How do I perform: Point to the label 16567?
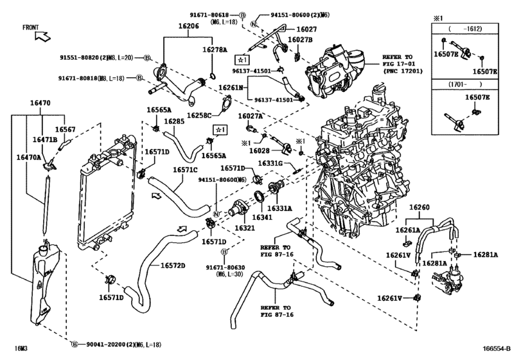coord(65,129)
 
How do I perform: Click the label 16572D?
coord(172,265)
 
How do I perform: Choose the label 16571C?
coord(186,170)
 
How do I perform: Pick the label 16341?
coord(266,218)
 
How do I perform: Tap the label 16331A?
coord(280,208)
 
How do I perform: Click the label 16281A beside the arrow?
coord(486,255)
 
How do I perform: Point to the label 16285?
coord(173,122)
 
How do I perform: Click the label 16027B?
coord(300,40)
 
